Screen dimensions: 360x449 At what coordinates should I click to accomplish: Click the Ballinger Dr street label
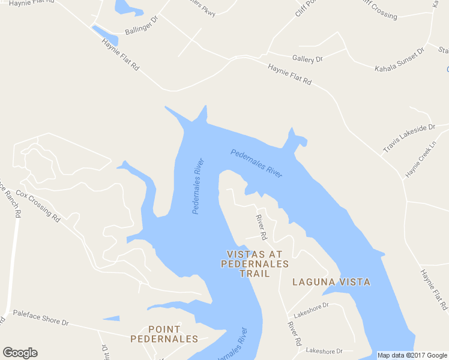click(140, 26)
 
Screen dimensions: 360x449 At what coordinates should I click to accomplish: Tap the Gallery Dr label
click(307, 59)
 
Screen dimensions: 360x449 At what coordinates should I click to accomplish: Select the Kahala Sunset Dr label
click(399, 59)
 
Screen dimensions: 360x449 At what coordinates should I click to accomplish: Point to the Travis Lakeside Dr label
click(408, 139)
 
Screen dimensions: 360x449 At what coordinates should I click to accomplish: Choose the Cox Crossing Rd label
click(38, 206)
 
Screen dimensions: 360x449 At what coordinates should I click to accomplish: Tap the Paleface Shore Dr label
click(41, 317)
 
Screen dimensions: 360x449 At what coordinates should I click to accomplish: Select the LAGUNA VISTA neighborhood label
click(331, 282)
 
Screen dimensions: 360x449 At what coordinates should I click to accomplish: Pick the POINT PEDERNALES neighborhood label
click(164, 334)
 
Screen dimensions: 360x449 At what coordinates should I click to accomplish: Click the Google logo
click(20, 353)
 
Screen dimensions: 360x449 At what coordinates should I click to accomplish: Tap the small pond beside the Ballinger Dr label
click(104, 34)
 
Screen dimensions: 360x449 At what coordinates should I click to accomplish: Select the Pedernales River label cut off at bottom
click(230, 345)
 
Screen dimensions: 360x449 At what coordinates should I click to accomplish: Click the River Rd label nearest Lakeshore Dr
click(294, 334)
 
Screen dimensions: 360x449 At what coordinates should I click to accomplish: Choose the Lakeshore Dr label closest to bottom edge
click(324, 350)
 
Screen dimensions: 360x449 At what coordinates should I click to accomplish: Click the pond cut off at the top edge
click(127, 8)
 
